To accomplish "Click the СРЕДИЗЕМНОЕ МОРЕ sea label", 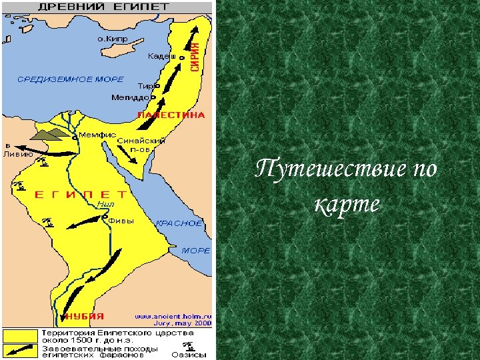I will coord(70,79).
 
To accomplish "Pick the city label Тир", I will coord(145,86).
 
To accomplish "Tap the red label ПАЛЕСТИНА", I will coord(171,115).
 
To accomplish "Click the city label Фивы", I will coord(121,220).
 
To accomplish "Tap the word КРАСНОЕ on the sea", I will coord(179,223).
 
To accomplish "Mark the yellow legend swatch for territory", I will coord(19,335).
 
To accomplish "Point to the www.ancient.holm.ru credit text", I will coord(173,316).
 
